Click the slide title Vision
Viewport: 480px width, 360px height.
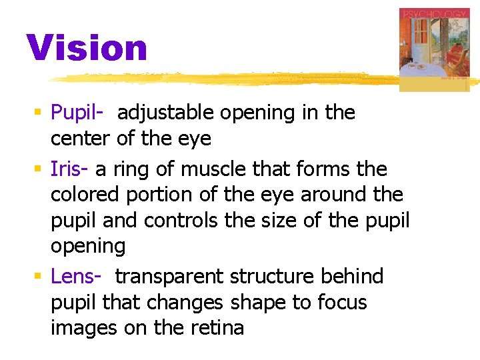coord(87,49)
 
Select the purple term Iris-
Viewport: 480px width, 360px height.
coord(71,169)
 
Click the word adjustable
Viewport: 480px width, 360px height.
coord(166,113)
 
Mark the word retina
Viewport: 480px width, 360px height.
coord(217,328)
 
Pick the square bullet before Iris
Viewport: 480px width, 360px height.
coord(41,170)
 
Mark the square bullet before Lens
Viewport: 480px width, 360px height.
coord(41,277)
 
